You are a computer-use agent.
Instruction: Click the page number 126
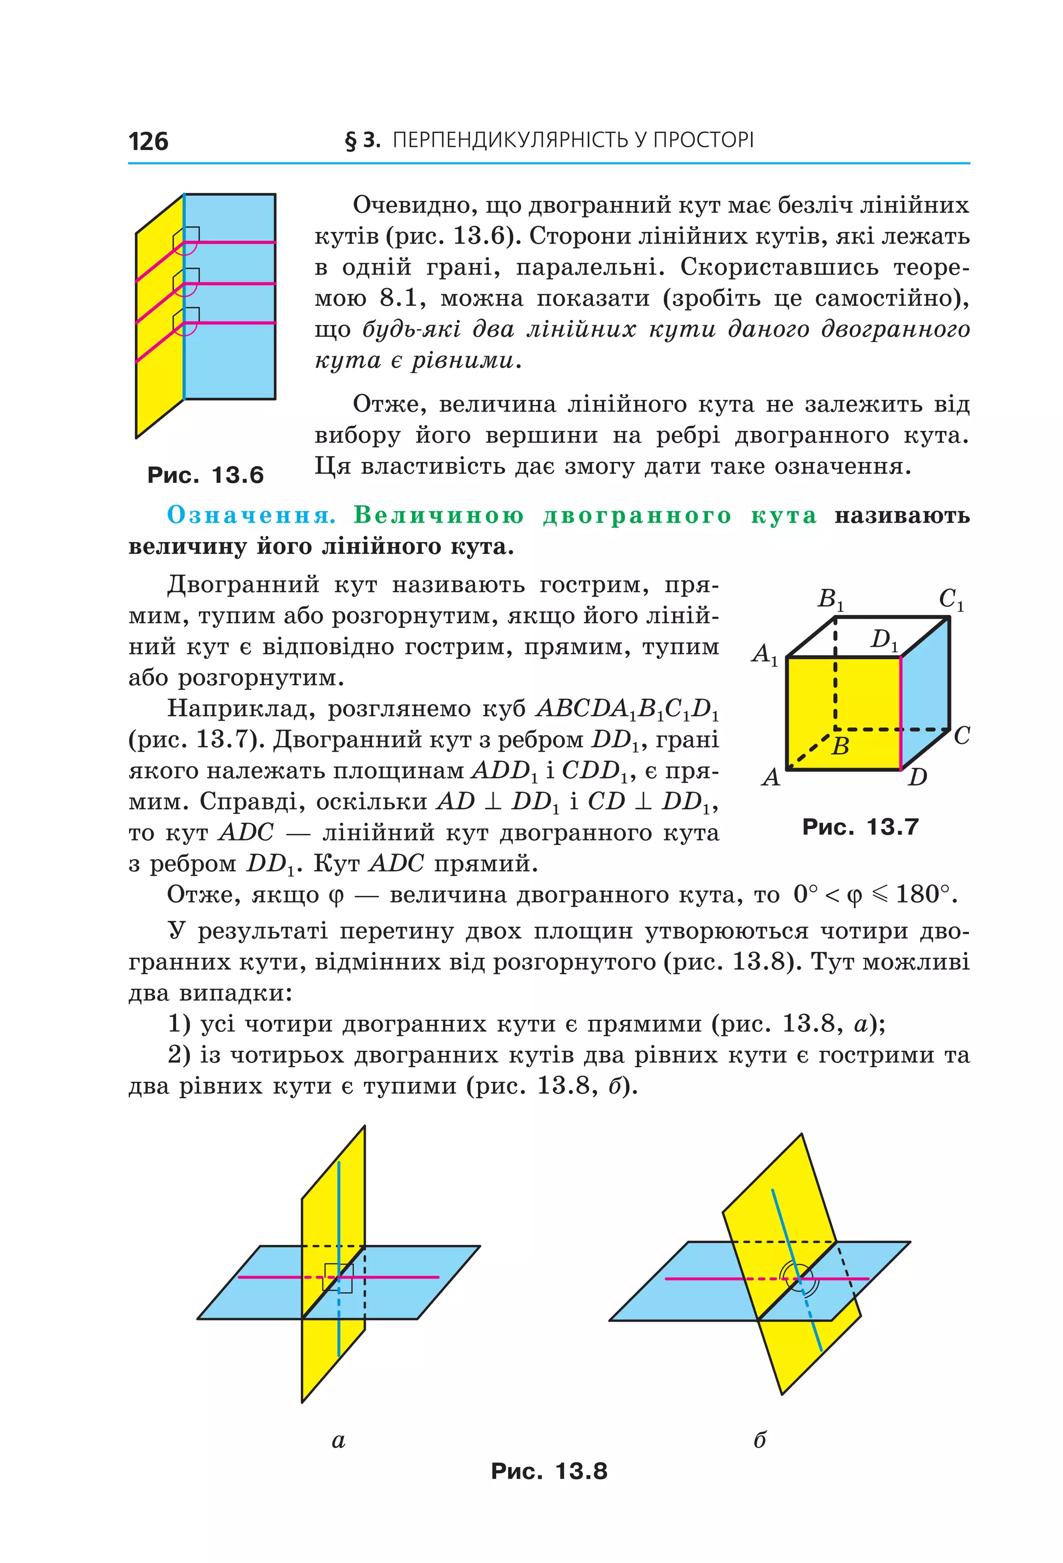point(148,141)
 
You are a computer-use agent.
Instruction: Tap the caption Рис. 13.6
point(205,475)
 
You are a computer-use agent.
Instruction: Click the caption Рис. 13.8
point(549,1471)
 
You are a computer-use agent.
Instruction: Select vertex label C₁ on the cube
point(950,599)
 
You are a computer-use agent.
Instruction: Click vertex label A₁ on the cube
point(765,653)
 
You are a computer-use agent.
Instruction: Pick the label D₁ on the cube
point(883,639)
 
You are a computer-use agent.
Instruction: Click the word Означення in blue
point(251,514)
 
